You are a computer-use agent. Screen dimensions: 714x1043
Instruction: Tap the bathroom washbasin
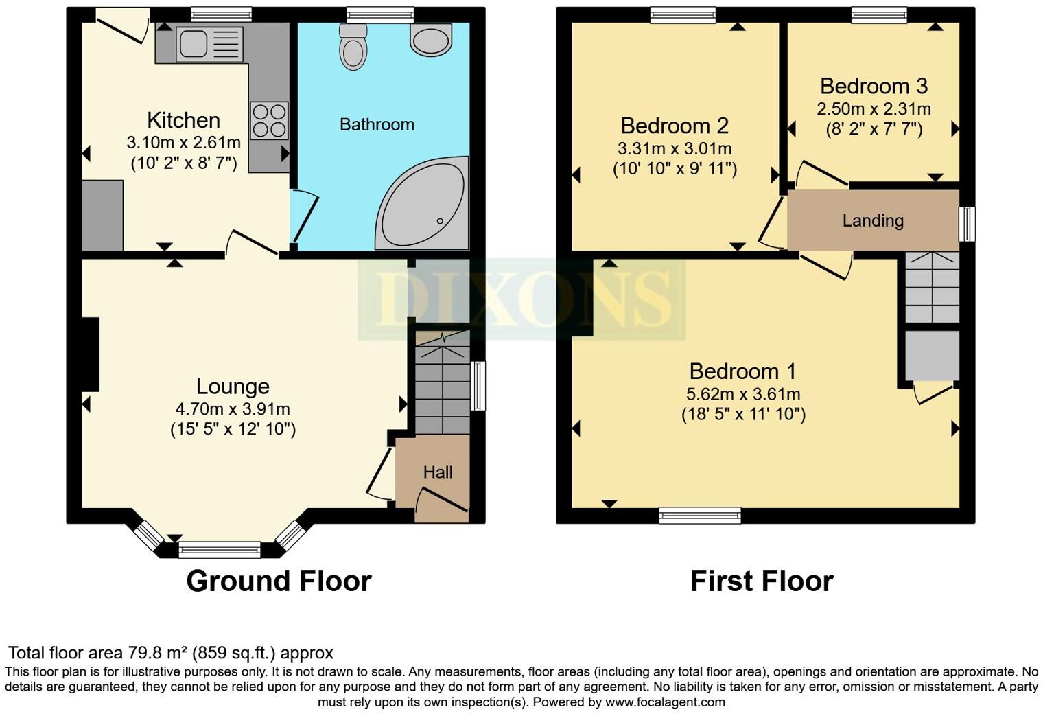tap(431, 38)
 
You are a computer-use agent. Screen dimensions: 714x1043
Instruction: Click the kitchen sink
tap(193, 43)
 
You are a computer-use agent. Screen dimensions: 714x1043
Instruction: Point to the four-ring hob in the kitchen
tap(269, 120)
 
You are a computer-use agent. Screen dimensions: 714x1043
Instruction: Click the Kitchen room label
tap(183, 120)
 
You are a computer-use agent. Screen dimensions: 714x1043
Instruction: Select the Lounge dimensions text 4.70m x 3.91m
tap(233, 409)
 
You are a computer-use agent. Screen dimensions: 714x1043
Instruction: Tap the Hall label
tap(438, 472)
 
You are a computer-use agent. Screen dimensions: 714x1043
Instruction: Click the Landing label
tap(873, 220)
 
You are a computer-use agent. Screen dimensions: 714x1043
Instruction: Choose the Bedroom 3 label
tap(874, 87)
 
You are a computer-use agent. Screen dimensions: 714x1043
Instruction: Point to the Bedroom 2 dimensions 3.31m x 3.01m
tap(675, 149)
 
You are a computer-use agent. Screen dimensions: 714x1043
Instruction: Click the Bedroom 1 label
tap(742, 371)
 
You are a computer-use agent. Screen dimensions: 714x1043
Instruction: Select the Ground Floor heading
tap(279, 581)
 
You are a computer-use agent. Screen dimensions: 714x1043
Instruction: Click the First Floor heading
tap(762, 581)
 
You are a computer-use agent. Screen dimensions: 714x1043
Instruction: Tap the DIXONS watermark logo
tap(521, 299)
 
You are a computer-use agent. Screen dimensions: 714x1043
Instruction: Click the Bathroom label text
tap(377, 124)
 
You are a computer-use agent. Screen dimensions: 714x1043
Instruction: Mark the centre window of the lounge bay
tap(220, 549)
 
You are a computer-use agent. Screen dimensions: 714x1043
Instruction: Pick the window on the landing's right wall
tap(967, 224)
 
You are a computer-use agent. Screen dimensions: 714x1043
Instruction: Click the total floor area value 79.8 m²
tap(158, 653)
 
